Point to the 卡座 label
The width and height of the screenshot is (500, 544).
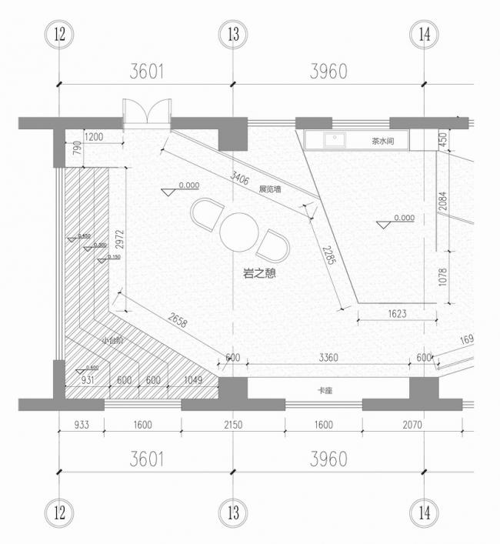click(x=327, y=390)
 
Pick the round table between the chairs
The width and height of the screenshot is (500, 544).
click(x=240, y=230)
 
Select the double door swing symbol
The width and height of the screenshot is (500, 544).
click(x=146, y=112)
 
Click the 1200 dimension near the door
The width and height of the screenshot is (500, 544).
click(x=93, y=137)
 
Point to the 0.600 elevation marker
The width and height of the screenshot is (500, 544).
click(x=92, y=368)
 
